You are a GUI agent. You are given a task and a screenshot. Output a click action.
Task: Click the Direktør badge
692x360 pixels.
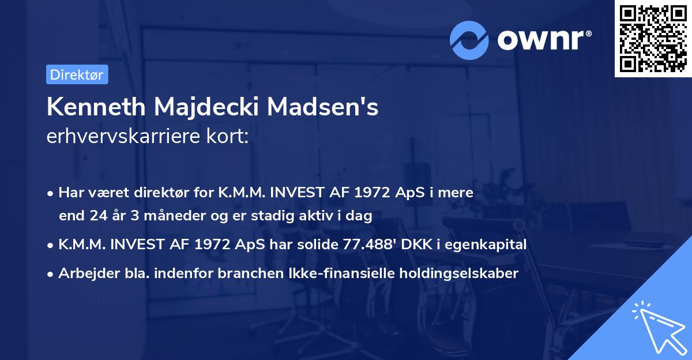tap(77, 74)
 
